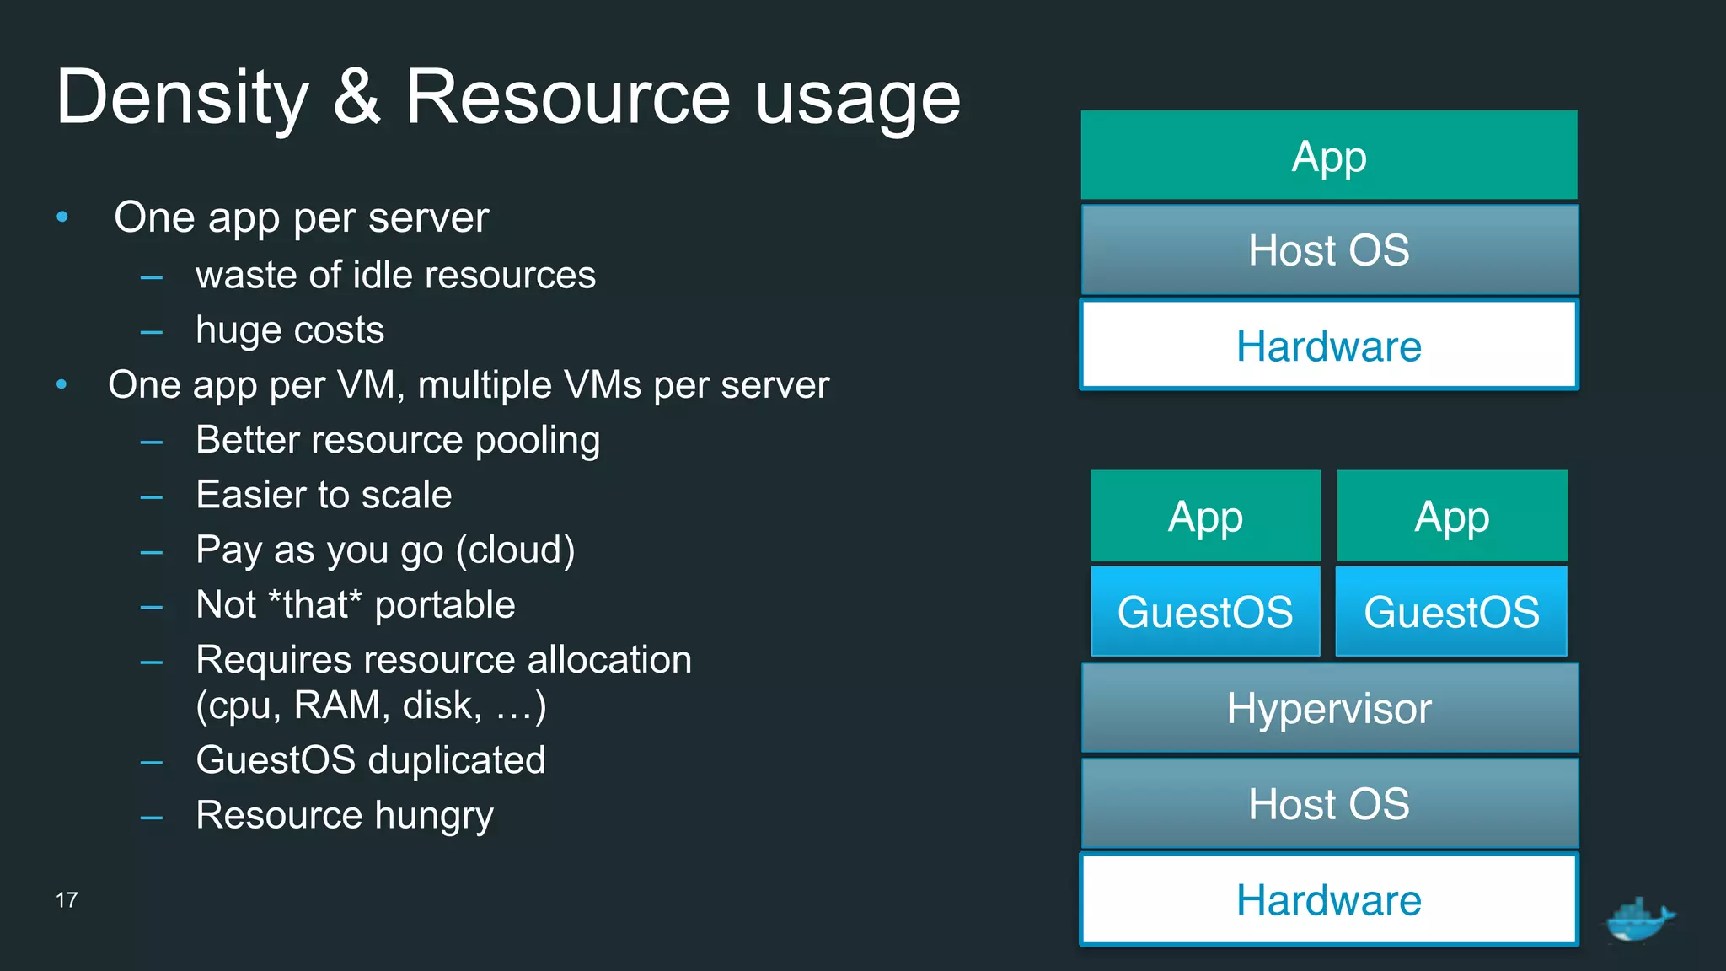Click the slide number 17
67,900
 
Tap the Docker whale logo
1639,920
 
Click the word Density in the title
183,99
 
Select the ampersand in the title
356,97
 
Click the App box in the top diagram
1328,156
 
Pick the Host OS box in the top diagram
1328,250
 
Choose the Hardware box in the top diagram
1328,346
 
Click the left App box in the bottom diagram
1205,516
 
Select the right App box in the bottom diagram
1451,516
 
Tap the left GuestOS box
1205,611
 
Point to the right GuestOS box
1451,611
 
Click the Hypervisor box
1328,708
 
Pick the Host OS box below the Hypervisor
1328,803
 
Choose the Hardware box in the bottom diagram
1328,899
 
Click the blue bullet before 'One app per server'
62,217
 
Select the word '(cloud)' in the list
515,550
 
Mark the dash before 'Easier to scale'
152,497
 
